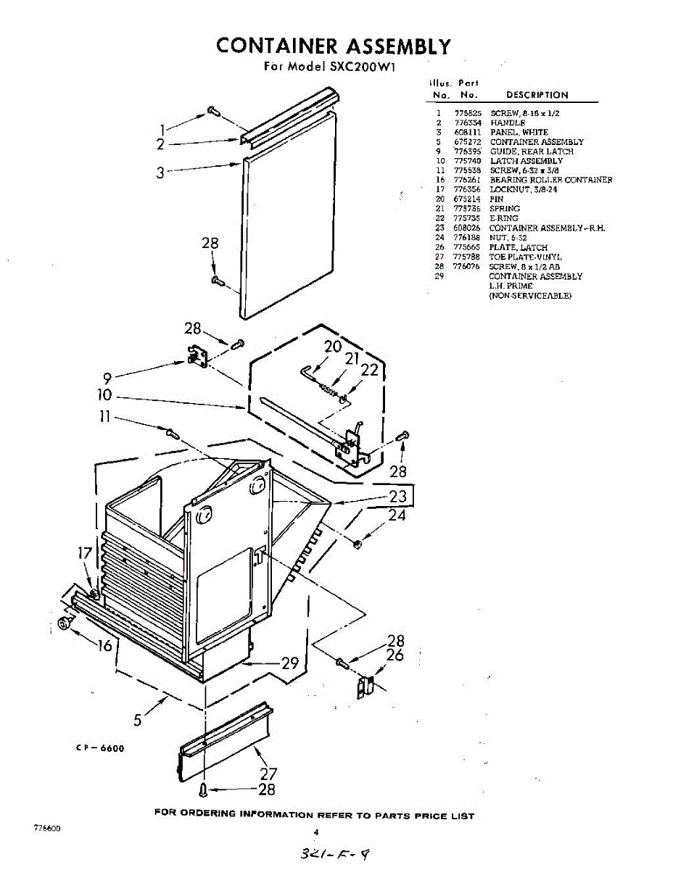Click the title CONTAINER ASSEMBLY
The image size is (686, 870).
(x=334, y=46)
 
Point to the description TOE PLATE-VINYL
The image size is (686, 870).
(x=525, y=257)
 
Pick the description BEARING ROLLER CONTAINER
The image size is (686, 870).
(x=550, y=180)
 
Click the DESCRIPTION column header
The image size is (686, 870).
(x=537, y=95)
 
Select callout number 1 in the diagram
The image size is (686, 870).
(x=164, y=130)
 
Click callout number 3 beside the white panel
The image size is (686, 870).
(x=160, y=173)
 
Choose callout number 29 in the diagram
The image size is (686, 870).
(x=290, y=663)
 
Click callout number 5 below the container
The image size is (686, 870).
(x=138, y=720)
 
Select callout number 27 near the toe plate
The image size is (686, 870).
(x=268, y=774)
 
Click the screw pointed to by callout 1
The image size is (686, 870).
(x=214, y=111)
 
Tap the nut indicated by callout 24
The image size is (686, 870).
(x=357, y=544)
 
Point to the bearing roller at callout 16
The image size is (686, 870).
(x=65, y=623)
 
